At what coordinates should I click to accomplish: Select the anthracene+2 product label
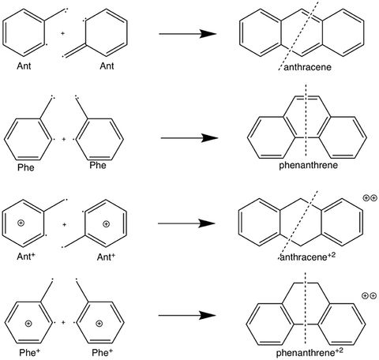tap(311, 256)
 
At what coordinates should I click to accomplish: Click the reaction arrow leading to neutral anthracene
tap(187, 34)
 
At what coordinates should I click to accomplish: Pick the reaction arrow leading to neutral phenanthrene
tap(189, 137)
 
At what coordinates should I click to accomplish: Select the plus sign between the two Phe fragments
tap(63, 138)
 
